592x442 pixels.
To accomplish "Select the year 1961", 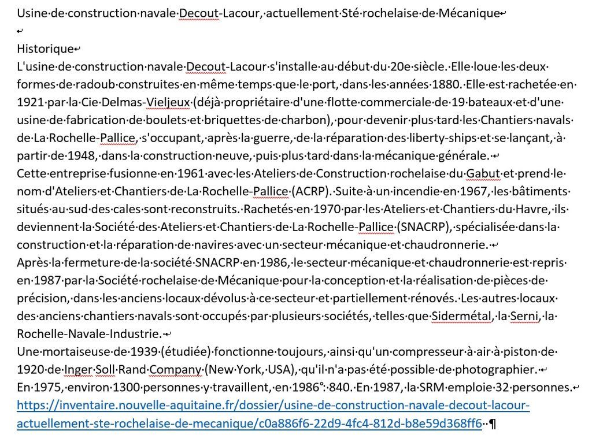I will [x=191, y=174].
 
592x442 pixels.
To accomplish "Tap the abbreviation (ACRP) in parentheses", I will [x=312, y=192].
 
